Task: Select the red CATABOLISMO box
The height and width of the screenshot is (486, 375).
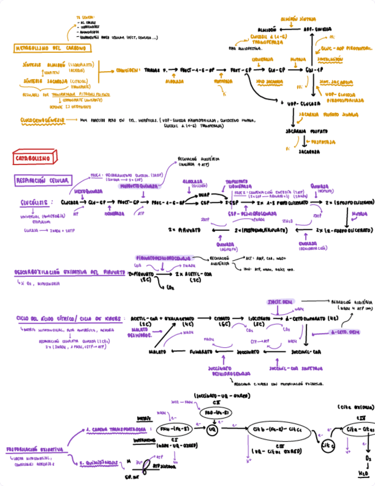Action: (32, 156)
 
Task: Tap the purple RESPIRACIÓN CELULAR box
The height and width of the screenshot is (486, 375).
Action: (41, 181)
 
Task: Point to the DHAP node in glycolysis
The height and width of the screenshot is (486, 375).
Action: (205, 194)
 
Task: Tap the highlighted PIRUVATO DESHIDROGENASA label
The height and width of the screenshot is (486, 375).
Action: (164, 258)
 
